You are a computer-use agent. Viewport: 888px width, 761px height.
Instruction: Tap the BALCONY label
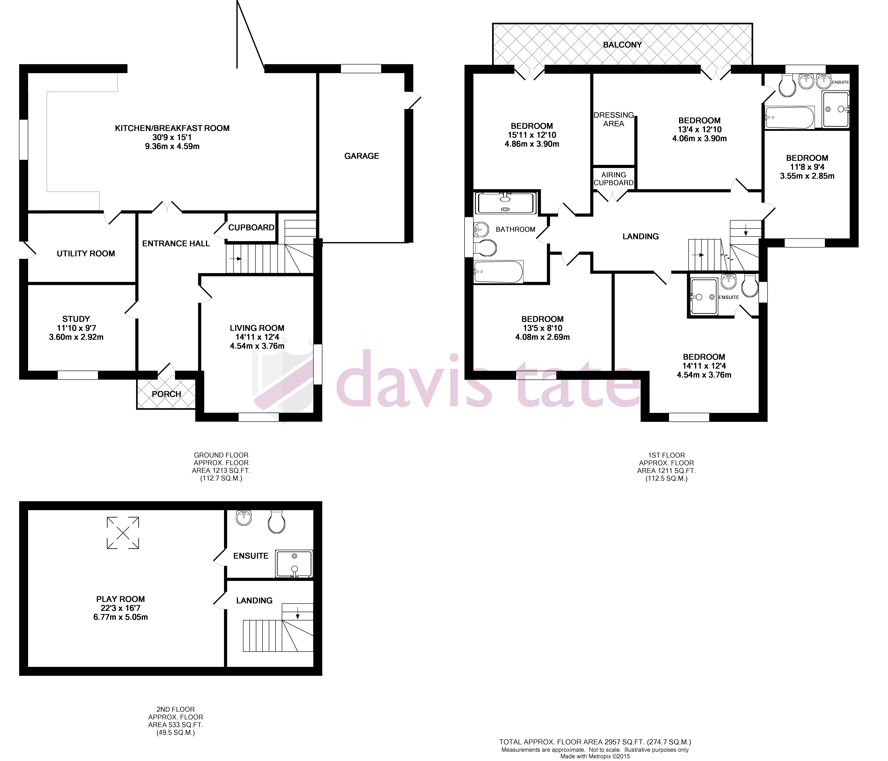(622, 45)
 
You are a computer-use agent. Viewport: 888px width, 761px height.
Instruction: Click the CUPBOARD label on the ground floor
(251, 227)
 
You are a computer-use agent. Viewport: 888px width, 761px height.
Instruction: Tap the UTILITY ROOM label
(86, 254)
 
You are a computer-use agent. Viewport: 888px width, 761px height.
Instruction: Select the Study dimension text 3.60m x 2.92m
(76, 337)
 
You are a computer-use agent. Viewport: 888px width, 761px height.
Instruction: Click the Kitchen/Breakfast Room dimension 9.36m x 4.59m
(172, 147)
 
